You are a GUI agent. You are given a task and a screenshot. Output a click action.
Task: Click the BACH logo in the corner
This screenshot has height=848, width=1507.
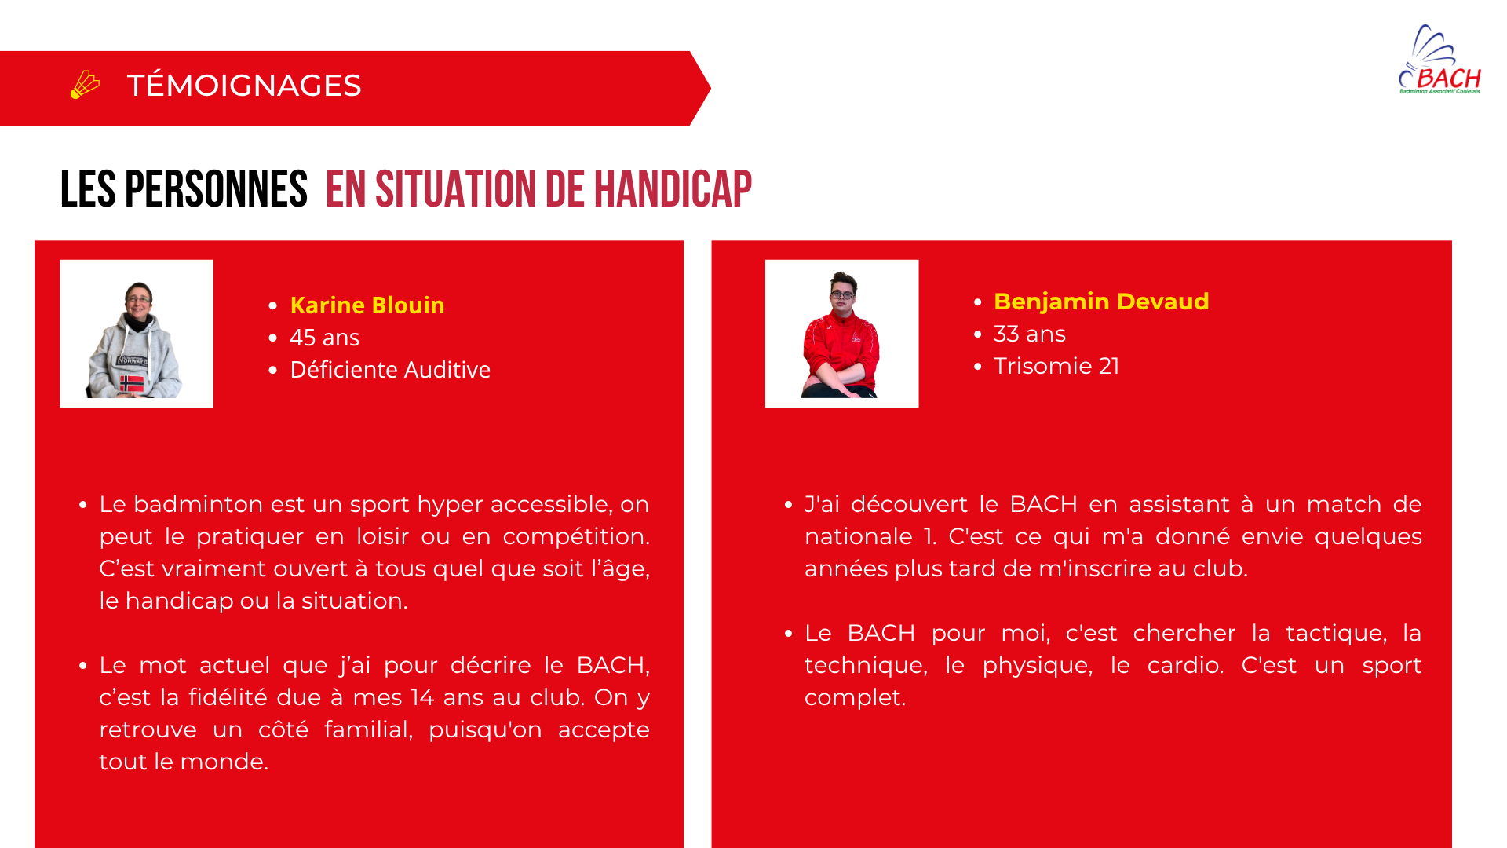pyautogui.click(x=1439, y=60)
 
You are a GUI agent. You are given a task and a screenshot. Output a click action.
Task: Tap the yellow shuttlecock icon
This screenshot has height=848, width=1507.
pyautogui.click(x=85, y=85)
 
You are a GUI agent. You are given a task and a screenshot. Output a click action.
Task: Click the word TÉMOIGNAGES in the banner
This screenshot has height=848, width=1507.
pyautogui.click(x=244, y=85)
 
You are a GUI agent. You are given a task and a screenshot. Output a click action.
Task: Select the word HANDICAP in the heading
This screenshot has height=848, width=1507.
pyautogui.click(x=673, y=189)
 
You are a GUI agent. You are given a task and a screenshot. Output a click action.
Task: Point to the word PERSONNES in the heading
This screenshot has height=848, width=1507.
pyautogui.click(x=216, y=189)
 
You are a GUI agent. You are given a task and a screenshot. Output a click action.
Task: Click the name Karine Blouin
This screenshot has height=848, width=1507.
pyautogui.click(x=367, y=305)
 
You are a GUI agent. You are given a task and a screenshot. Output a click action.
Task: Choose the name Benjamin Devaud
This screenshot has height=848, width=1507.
pyautogui.click(x=1101, y=302)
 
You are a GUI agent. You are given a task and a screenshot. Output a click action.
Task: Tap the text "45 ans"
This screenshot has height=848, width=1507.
pyautogui.click(x=325, y=338)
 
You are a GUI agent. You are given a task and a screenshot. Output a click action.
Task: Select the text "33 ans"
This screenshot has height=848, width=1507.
pyautogui.click(x=1030, y=334)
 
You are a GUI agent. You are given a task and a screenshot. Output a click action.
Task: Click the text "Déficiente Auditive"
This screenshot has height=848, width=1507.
pyautogui.click(x=390, y=370)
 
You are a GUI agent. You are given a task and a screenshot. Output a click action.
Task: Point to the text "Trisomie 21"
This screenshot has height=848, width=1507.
pyautogui.click(x=1056, y=366)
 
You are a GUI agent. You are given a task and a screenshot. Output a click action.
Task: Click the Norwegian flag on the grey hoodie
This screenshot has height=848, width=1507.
pyautogui.click(x=132, y=384)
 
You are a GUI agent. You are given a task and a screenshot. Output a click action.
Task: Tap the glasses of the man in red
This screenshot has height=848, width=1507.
pyautogui.click(x=842, y=295)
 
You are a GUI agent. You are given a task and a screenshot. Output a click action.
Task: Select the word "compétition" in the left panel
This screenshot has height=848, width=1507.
pyautogui.click(x=576, y=537)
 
